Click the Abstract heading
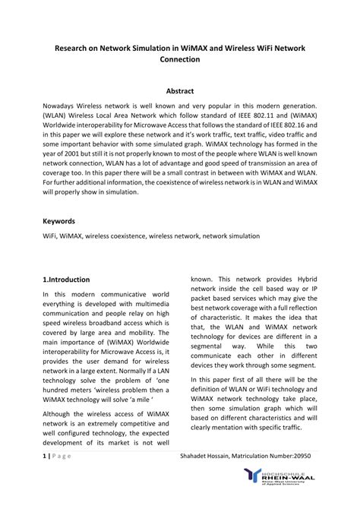point(180,90)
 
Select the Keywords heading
point(58,221)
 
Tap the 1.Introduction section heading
point(67,280)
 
